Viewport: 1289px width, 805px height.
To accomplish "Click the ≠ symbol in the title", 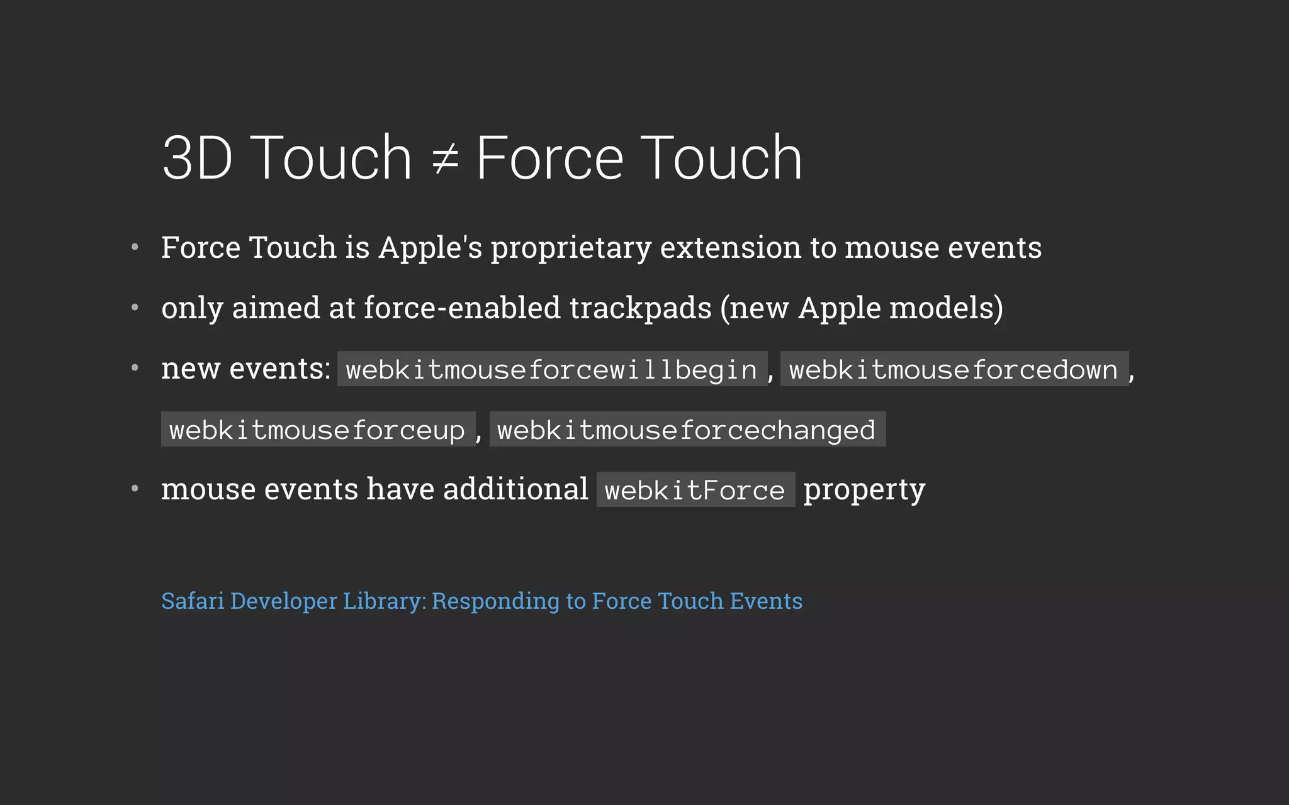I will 445,158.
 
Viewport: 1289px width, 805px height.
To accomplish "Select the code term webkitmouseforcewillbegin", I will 552,369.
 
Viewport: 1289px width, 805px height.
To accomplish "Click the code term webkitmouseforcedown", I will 954,369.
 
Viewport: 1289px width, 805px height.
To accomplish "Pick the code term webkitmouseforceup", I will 317,430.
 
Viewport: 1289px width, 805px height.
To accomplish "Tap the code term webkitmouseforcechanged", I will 687,430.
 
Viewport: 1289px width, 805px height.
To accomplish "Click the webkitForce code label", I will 695,490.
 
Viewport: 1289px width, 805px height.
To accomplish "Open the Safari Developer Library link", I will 481,601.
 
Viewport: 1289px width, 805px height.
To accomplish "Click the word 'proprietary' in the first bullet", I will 571,248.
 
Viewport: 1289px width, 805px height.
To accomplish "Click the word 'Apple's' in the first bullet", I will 430,248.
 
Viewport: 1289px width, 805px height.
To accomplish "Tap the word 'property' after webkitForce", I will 864,490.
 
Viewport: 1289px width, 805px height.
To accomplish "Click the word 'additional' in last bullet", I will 515,489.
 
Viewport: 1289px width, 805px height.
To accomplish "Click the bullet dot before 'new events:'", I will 135,368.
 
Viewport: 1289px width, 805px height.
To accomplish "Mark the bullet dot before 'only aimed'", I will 135,308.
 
